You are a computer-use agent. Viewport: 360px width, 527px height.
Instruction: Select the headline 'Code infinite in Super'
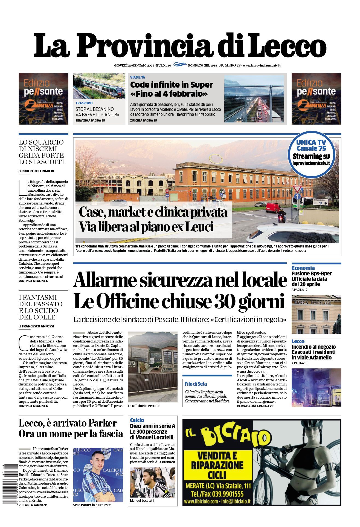[x=172, y=85]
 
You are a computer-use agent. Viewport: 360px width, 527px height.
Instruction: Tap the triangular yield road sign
[x=297, y=189]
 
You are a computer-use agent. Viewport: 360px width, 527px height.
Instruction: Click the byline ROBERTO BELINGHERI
[x=38, y=171]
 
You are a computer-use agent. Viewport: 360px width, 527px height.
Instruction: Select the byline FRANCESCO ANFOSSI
[x=38, y=326]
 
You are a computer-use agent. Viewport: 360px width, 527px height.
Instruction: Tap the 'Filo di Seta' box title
[x=196, y=384]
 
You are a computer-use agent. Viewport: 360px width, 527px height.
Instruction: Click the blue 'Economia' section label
[x=303, y=268]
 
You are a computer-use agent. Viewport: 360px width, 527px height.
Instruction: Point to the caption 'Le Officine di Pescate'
[x=144, y=406]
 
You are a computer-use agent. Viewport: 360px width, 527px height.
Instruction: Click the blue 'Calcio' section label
[x=137, y=420]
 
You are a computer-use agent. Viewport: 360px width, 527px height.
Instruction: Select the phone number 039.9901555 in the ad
[x=225, y=494]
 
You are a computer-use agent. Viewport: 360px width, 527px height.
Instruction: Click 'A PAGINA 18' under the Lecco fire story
[x=300, y=363]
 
